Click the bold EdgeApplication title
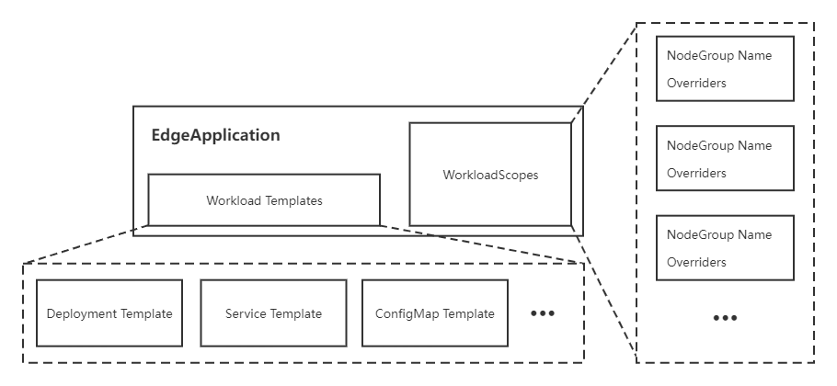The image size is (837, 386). pyautogui.click(x=215, y=135)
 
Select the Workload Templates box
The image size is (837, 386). pyautogui.click(x=264, y=199)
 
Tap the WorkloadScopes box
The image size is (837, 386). pyautogui.click(x=489, y=174)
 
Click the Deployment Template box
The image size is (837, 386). pyautogui.click(x=109, y=313)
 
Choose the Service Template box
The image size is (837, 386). pyautogui.click(x=273, y=313)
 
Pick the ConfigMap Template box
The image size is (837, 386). pyautogui.click(x=434, y=313)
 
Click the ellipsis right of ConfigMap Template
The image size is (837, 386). pyautogui.click(x=543, y=313)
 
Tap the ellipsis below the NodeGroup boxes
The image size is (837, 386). pyautogui.click(x=725, y=318)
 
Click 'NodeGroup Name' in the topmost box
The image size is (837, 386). pyautogui.click(x=718, y=55)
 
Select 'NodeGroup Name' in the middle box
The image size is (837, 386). pyautogui.click(x=718, y=145)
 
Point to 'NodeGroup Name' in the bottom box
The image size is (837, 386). pyautogui.click(x=718, y=234)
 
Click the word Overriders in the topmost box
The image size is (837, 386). pyautogui.click(x=696, y=83)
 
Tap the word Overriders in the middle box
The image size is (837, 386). pyautogui.click(x=696, y=173)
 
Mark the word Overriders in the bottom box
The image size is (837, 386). pyautogui.click(x=696, y=262)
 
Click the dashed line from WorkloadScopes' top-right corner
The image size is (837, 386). pyautogui.click(x=602, y=74)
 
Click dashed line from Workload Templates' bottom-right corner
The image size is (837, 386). pyautogui.click(x=478, y=244)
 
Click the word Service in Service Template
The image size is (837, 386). pyautogui.click(x=246, y=313)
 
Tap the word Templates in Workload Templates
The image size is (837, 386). pyautogui.click(x=292, y=199)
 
